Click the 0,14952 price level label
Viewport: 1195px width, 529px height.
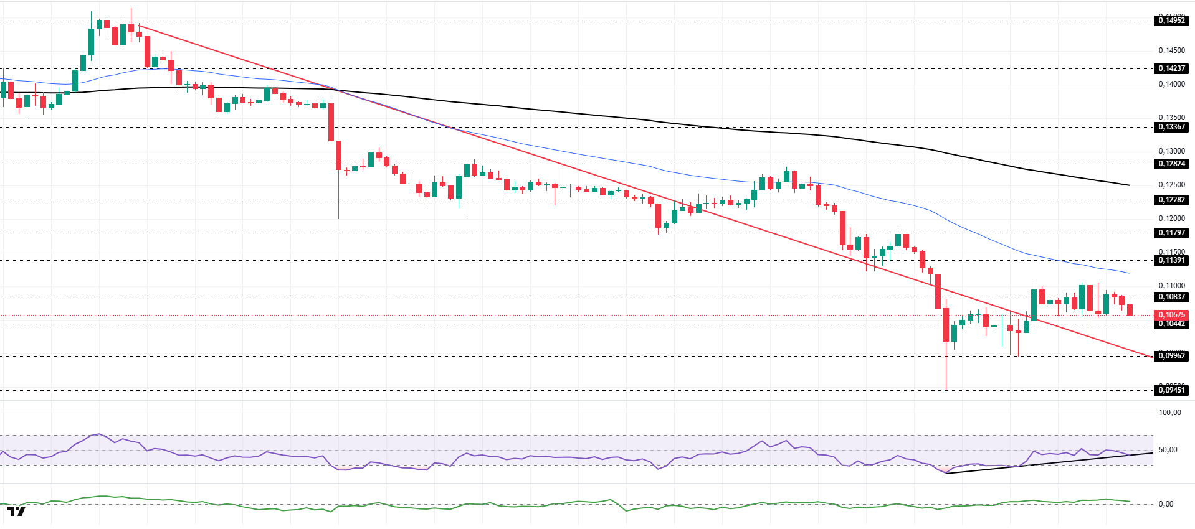tap(1171, 21)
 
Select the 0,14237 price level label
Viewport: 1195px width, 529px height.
tap(1171, 68)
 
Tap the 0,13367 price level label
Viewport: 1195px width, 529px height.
tap(1171, 127)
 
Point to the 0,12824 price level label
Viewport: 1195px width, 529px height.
tap(1171, 164)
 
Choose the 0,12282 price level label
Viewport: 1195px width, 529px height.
tap(1171, 200)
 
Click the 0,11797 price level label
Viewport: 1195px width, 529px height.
tap(1171, 233)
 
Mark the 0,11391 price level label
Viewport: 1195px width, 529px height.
tap(1171, 260)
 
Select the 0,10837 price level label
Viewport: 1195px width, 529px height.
tap(1171, 297)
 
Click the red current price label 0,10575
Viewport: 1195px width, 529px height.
tap(1171, 315)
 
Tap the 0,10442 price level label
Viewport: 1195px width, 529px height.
tap(1171, 324)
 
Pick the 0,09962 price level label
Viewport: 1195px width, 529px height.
tap(1171, 356)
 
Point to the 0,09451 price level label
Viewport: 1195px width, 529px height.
tap(1171, 390)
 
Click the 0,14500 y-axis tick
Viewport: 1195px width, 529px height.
tap(1171, 50)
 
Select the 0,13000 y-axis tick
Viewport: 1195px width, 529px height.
tap(1171, 151)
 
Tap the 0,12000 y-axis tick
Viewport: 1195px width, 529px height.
tap(1171, 218)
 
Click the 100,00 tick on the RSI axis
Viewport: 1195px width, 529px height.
tap(1169, 413)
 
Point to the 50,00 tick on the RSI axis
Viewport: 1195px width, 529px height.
tap(1168, 450)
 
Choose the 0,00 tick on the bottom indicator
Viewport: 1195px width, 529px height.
tap(1166, 504)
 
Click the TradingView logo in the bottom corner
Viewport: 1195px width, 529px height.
tap(16, 512)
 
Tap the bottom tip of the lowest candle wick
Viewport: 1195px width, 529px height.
tap(946, 390)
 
